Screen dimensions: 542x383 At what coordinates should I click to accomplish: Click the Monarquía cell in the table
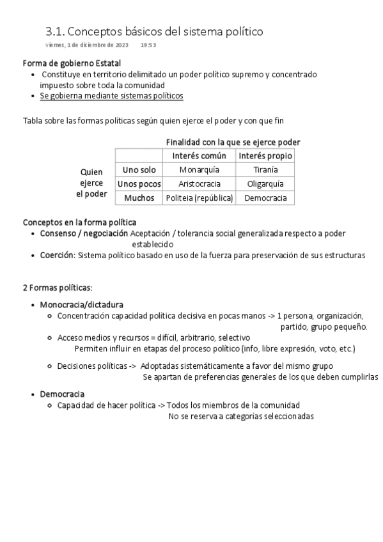[x=199, y=170]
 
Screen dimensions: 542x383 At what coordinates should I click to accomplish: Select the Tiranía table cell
[x=265, y=170]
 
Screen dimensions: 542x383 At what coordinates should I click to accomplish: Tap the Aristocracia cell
[x=199, y=184]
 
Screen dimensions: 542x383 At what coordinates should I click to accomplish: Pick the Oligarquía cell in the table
[x=265, y=184]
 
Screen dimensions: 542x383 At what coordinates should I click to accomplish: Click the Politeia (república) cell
[x=199, y=198]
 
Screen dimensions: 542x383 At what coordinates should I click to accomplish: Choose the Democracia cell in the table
[x=265, y=198]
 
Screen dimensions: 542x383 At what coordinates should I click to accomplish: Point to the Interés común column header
[x=199, y=156]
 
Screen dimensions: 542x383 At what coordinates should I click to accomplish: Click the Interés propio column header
[x=265, y=156]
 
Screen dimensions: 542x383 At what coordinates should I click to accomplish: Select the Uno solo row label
[x=139, y=170]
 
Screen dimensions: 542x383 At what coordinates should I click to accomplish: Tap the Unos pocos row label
[x=139, y=184]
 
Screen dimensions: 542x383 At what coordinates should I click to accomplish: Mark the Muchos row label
[x=139, y=198]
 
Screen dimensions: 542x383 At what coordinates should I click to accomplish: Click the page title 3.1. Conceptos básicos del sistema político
[x=154, y=31]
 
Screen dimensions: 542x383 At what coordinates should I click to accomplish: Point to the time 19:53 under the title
[x=148, y=45]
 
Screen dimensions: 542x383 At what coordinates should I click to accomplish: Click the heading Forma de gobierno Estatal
[x=72, y=63]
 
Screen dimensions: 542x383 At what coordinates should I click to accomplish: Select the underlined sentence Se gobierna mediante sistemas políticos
[x=111, y=96]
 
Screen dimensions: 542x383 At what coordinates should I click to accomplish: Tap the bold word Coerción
[x=58, y=256]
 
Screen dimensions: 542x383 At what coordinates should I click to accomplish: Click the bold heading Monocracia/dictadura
[x=82, y=304]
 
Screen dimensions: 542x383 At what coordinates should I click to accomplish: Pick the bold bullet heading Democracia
[x=62, y=394]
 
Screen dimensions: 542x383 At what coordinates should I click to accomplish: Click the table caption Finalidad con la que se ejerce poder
[x=233, y=142]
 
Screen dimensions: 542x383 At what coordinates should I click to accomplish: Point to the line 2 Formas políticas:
[x=57, y=288]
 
